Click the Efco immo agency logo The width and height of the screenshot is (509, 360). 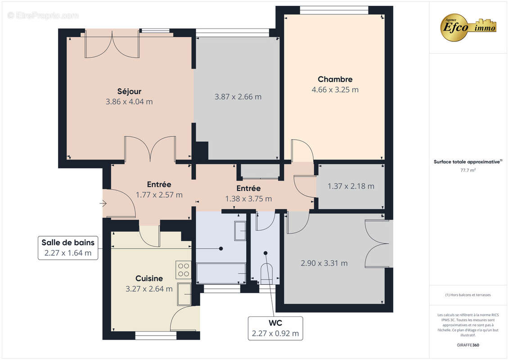(468, 27)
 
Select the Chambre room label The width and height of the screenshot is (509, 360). (335, 79)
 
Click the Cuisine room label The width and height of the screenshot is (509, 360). (149, 279)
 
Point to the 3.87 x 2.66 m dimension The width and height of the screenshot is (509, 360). (238, 97)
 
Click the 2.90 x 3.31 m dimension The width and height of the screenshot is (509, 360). (324, 263)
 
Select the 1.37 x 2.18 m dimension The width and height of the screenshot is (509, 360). (351, 186)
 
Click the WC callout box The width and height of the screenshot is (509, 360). (275, 328)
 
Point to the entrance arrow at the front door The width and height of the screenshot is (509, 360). (103, 204)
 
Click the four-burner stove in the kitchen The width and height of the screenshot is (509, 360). (184, 269)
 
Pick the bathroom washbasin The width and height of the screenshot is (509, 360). (240, 232)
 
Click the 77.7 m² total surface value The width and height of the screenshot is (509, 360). (468, 171)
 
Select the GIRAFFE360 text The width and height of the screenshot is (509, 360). (468, 345)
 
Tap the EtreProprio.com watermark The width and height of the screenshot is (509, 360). (43, 16)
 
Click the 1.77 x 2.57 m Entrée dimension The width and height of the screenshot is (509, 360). (159, 195)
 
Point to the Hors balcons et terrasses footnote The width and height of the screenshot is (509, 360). (468, 295)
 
